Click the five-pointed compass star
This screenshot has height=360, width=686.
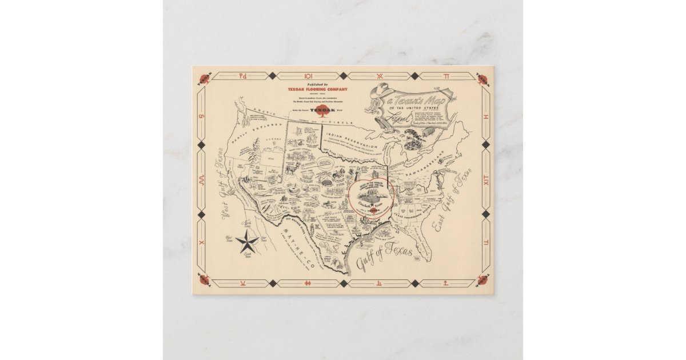pos(248,242)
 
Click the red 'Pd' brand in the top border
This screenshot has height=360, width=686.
pos(238,75)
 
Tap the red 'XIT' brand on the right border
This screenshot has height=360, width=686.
pos(486,181)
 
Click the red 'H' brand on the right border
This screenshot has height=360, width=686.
pos(486,116)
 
